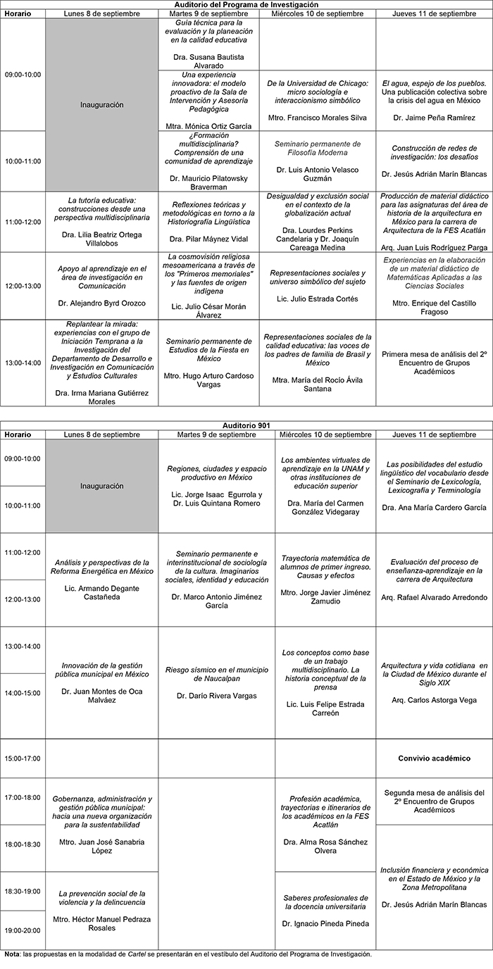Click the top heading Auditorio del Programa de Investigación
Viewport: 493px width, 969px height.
click(246, 4)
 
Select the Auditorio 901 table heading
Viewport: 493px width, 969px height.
click(246, 425)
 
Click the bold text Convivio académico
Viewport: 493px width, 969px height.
click(433, 758)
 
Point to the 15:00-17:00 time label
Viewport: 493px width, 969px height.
click(23, 758)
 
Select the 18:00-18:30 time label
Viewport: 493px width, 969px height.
click(23, 844)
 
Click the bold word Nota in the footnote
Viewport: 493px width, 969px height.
click(11, 954)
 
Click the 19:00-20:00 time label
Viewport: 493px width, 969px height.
click(23, 930)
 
